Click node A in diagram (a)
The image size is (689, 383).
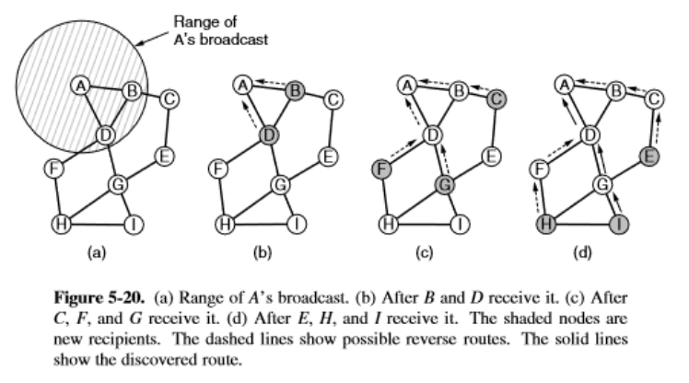pyautogui.click(x=80, y=86)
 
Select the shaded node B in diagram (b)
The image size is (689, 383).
pyautogui.click(x=295, y=91)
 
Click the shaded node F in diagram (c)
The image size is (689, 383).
pyautogui.click(x=380, y=169)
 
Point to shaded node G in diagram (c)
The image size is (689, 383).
pyautogui.click(x=443, y=184)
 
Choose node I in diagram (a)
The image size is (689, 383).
pyautogui.click(x=133, y=223)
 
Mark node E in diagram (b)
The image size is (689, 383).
pyautogui.click(x=326, y=157)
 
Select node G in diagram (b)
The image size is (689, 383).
pyautogui.click(x=280, y=184)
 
